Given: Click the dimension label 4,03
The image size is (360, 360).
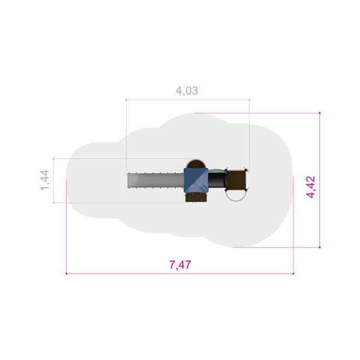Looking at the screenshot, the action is tap(187, 91).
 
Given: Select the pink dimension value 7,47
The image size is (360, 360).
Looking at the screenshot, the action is tap(180, 265).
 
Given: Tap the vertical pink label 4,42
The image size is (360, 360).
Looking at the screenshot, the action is tap(311, 187).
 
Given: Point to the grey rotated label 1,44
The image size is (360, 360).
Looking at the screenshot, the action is tap(44, 180).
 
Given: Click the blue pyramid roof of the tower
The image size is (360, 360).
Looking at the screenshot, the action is tap(196, 180).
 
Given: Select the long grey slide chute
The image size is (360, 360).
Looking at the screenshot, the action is tap(155, 181).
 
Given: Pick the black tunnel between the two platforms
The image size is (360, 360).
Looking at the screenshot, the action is tap(217, 180).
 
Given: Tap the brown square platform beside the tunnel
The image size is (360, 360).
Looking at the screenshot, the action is tap(236, 180).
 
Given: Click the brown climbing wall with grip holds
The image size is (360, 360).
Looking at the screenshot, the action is tap(196, 197).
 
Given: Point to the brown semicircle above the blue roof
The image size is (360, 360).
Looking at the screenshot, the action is tap(196, 163).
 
